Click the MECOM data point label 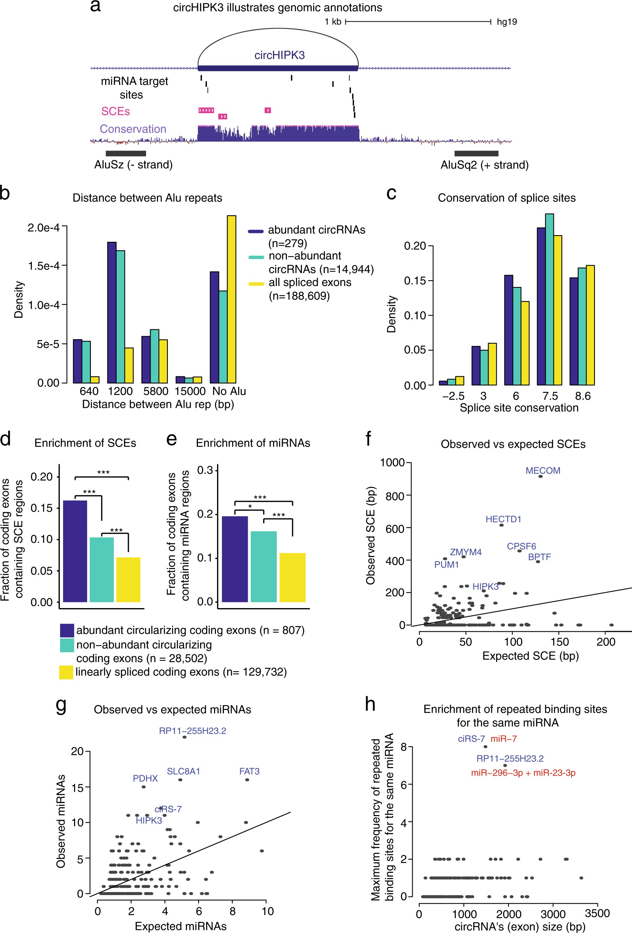click(x=543, y=471)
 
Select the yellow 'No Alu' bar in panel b click(x=232, y=299)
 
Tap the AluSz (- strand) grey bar click(x=125, y=153)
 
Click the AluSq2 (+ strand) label click(x=484, y=165)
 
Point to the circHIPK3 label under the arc click(x=279, y=56)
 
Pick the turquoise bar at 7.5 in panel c click(x=549, y=299)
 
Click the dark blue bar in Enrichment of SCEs click(x=75, y=551)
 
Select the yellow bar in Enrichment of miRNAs click(x=292, y=577)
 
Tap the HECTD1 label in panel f click(x=503, y=519)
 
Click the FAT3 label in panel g click(x=249, y=771)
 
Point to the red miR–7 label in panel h click(x=504, y=739)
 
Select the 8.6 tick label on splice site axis click(x=583, y=396)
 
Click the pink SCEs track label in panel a click(x=116, y=111)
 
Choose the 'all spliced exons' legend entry click(x=310, y=282)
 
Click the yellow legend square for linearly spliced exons click(x=66, y=672)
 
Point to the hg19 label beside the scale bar click(x=507, y=22)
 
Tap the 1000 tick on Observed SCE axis click(x=392, y=462)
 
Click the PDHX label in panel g click(x=145, y=778)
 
